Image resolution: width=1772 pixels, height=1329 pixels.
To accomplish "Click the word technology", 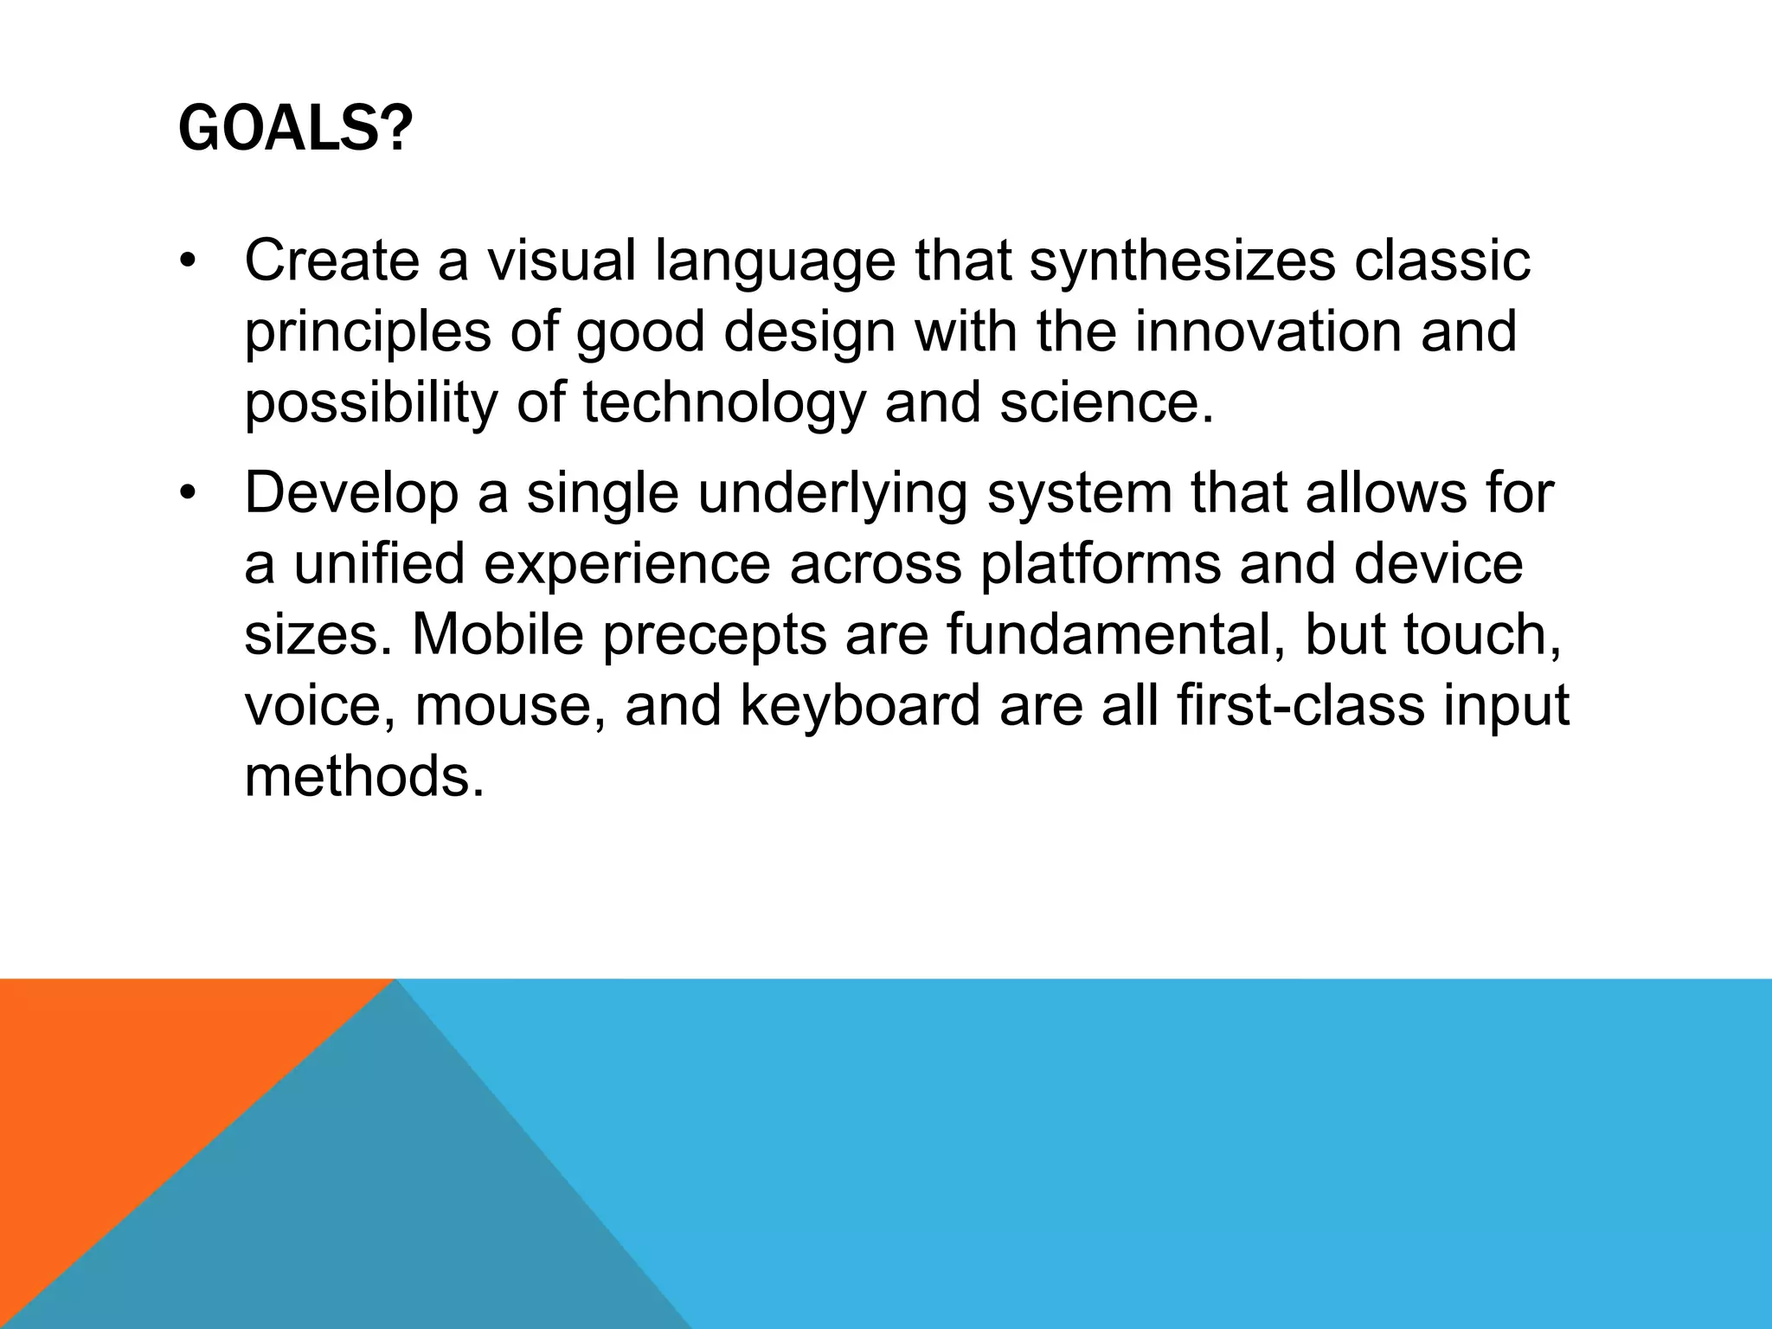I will [723, 403].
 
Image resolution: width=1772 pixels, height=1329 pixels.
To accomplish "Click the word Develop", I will [351, 493].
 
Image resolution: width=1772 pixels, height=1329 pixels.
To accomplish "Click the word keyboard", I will [860, 705].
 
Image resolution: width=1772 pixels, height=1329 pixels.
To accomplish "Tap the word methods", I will [363, 776].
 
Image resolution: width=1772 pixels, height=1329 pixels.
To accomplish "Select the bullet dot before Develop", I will [189, 495].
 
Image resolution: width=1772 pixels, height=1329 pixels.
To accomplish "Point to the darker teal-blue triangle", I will [389, 1211].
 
